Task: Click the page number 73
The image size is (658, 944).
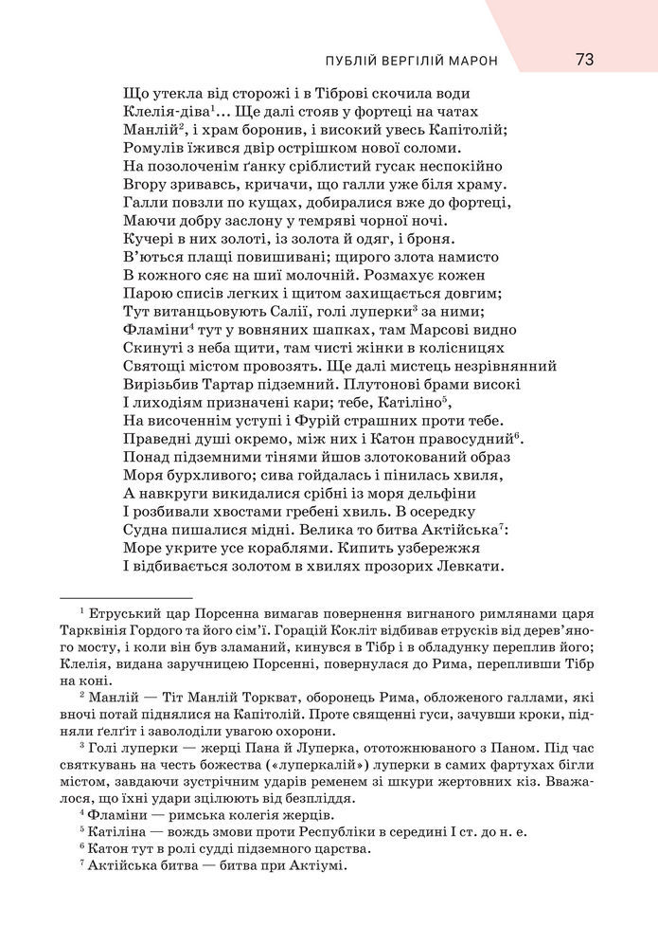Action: (x=583, y=60)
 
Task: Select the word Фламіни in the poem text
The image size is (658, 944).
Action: (x=155, y=330)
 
